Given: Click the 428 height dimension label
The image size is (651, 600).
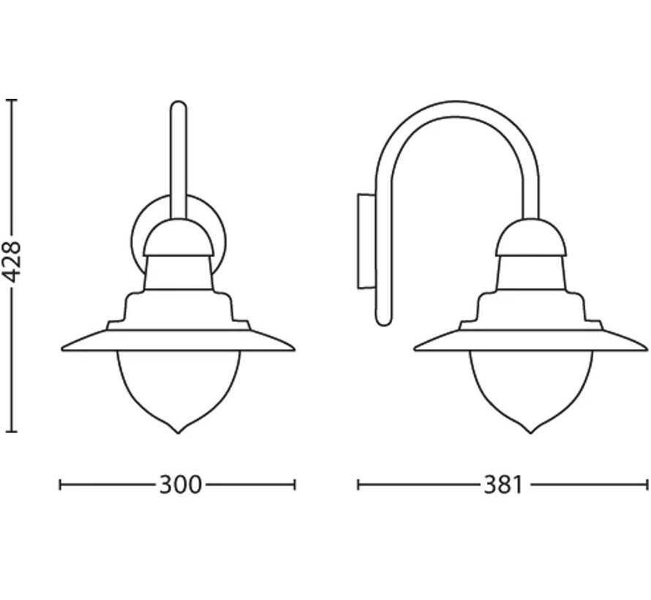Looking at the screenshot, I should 14,263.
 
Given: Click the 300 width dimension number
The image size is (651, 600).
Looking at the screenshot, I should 179,484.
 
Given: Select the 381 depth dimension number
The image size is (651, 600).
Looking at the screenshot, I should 502,484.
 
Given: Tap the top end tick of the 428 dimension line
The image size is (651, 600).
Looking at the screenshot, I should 12,100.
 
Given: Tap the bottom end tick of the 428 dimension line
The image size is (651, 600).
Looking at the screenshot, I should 12,432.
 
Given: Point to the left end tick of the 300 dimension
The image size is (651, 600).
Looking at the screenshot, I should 61,484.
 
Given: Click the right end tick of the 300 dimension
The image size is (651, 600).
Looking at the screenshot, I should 294,484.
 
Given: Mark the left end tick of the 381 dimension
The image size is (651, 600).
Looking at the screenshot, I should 358,484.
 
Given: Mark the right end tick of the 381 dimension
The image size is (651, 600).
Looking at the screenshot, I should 647,484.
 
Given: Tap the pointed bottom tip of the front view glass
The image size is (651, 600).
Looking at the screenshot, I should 178,432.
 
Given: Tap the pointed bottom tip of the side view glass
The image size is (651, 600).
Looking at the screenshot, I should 531,432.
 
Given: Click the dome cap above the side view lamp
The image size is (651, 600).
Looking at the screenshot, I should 531,236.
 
